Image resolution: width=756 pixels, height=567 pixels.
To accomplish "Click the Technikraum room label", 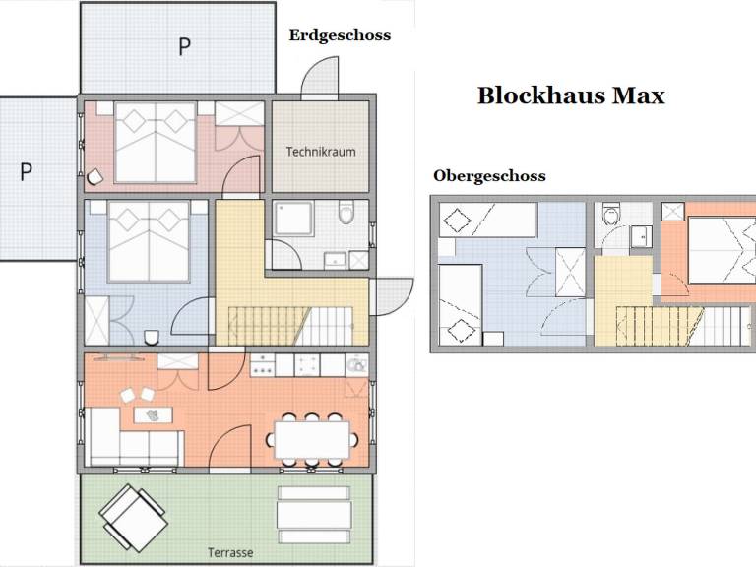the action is tap(321, 152).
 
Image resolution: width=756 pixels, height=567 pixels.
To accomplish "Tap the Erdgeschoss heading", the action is tap(340, 35).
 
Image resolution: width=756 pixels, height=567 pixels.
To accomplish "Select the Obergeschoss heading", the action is tap(489, 176).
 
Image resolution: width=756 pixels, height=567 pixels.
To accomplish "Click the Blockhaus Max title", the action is tap(571, 95).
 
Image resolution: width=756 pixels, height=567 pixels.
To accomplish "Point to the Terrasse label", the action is tap(230, 552).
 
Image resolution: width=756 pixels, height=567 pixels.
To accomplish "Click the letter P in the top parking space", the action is tap(184, 47).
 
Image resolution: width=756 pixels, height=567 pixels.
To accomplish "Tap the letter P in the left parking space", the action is tap(26, 171).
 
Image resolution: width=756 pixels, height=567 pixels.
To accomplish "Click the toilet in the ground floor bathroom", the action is tap(346, 213).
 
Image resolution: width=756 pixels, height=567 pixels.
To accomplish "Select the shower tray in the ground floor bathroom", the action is tap(294, 219).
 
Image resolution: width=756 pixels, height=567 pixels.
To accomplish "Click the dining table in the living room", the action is tap(312, 440).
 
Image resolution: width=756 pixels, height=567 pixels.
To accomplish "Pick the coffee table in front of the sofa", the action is tap(153, 415).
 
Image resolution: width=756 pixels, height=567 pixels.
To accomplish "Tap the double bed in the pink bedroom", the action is tap(156, 142).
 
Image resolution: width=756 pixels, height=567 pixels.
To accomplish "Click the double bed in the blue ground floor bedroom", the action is tap(149, 241).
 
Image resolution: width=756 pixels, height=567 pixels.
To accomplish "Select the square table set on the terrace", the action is tap(134, 519).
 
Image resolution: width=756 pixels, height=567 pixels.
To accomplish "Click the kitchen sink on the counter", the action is tap(357, 365).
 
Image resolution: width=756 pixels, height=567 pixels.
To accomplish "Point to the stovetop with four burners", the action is tap(262, 365).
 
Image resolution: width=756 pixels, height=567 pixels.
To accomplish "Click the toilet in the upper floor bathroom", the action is tap(611, 214).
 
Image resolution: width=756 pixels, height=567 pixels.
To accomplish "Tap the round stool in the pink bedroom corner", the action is tap(94, 178).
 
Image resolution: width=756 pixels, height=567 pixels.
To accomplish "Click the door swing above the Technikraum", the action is tap(320, 78).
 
